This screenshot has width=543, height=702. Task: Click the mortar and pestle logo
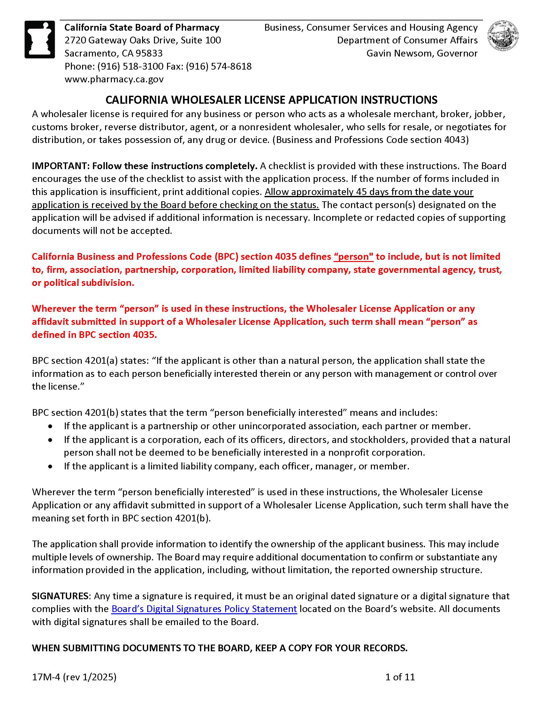tap(40, 39)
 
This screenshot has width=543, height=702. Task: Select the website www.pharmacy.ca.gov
tap(114, 79)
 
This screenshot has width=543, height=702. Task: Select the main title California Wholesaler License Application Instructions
tap(271, 100)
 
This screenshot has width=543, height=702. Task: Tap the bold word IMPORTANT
tap(60, 166)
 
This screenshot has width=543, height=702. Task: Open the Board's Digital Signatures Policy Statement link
tap(204, 609)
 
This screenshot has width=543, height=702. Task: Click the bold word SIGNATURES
tap(60, 596)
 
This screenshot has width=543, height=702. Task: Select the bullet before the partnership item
tap(50, 426)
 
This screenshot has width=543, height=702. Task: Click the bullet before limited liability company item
tap(50, 467)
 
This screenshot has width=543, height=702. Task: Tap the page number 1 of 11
tap(400, 677)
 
